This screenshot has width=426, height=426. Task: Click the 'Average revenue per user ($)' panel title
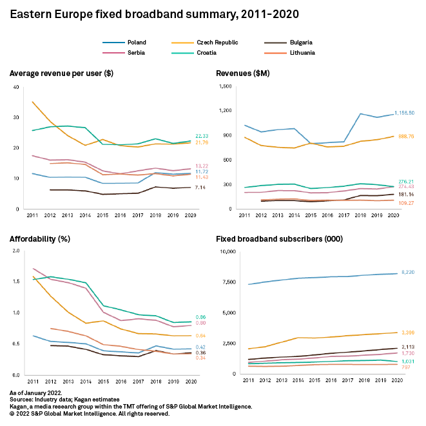pos(62,73)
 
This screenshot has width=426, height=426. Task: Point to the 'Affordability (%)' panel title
pos(40,239)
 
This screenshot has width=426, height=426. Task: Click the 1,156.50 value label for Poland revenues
pos(404,112)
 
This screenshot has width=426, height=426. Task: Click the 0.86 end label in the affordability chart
pos(200,317)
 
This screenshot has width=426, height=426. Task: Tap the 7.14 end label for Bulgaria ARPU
pos(200,188)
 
